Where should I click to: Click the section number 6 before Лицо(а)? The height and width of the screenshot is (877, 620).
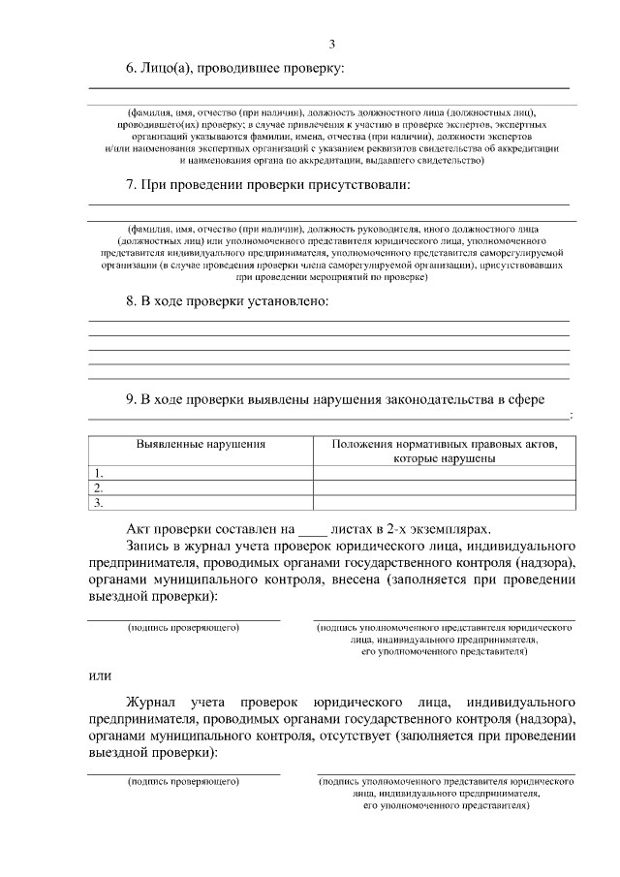tap(131, 69)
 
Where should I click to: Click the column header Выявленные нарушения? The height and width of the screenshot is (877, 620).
tap(201, 444)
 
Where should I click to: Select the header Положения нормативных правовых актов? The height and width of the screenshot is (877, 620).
tap(445, 444)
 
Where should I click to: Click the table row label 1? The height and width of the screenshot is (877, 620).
tap(98, 473)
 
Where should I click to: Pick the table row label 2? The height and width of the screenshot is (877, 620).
tap(98, 487)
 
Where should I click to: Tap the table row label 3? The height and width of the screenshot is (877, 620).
tap(98, 502)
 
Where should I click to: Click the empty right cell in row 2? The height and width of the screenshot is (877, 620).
tap(444, 487)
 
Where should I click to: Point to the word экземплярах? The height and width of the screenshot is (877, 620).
tap(449, 530)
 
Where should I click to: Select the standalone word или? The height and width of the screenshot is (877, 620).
tap(100, 675)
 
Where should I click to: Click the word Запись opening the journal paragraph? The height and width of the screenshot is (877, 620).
tap(150, 547)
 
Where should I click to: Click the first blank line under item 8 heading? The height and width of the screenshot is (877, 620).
tap(329, 320)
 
